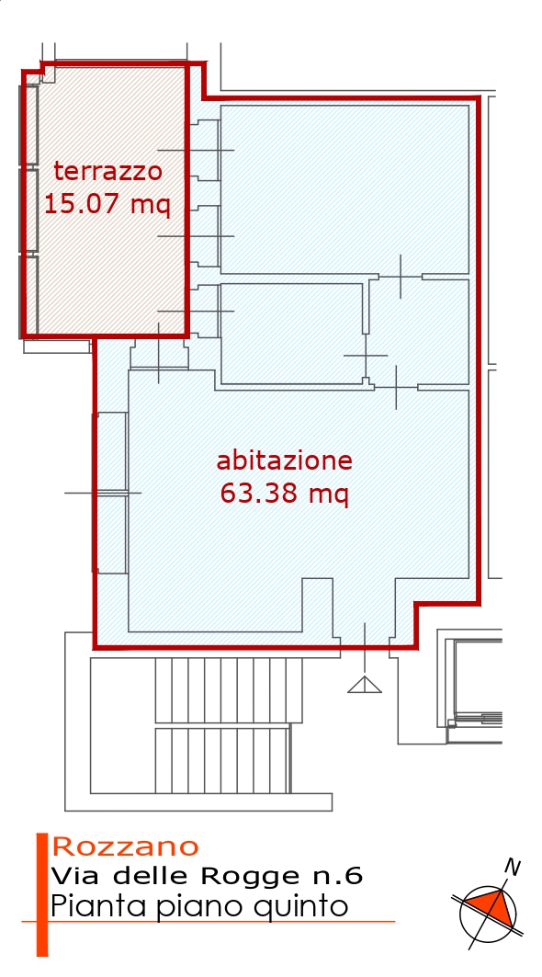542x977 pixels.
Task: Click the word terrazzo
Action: pyautogui.click(x=108, y=170)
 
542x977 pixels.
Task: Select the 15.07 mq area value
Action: pyautogui.click(x=107, y=203)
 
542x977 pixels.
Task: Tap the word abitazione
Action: pyautogui.click(x=284, y=461)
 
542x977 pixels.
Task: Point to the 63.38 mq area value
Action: pyautogui.click(x=284, y=494)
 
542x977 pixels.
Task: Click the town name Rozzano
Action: pyautogui.click(x=126, y=846)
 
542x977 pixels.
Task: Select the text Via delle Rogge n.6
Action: pyautogui.click(x=207, y=875)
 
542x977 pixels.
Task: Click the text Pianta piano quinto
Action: pyautogui.click(x=198, y=906)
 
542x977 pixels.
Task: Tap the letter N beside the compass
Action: pyautogui.click(x=512, y=867)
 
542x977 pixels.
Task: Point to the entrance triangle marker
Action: pyautogui.click(x=365, y=685)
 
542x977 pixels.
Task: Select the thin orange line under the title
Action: pyautogui.click(x=209, y=921)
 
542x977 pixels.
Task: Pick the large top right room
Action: pyautogui.click(x=344, y=189)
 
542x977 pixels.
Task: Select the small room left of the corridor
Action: pyautogui.click(x=291, y=334)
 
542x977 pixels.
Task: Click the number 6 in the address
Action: pyautogui.click(x=355, y=875)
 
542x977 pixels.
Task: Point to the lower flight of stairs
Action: pyautogui.click(x=222, y=760)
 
